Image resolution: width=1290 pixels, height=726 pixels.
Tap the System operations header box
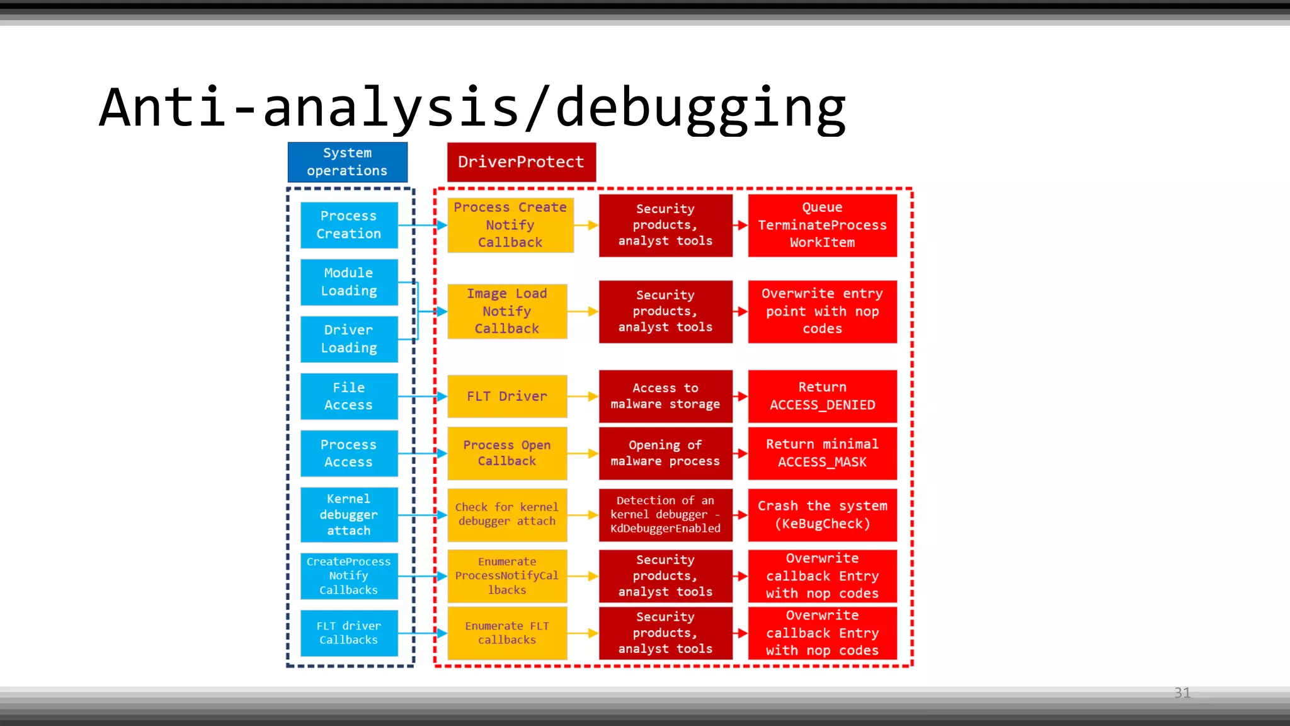coord(348,162)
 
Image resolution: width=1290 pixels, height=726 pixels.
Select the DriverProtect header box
coord(521,162)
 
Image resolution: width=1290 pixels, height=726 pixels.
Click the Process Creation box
coord(349,225)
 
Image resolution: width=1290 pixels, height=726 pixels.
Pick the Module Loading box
coord(349,282)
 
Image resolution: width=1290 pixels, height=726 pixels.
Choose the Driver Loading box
coord(349,339)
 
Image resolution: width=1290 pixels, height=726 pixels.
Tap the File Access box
coord(349,396)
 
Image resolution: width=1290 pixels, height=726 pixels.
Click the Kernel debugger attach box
coord(349,514)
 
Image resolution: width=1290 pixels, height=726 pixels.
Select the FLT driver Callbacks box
coord(349,633)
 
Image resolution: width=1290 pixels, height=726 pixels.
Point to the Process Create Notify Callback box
coord(510,225)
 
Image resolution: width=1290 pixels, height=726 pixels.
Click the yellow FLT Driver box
coord(507,396)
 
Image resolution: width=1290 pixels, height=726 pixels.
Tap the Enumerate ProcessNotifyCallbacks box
coord(507,576)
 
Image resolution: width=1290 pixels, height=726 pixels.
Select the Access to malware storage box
coord(665,396)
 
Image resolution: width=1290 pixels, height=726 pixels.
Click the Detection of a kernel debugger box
coord(665,514)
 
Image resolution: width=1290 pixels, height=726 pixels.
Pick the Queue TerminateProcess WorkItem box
coord(822,225)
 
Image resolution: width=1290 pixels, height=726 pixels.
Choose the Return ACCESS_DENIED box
coord(822,396)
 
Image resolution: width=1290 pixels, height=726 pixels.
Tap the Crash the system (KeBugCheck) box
coord(822,514)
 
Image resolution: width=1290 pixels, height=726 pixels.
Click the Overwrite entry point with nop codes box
coord(822,311)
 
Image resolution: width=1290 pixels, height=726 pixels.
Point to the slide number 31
coord(1182,693)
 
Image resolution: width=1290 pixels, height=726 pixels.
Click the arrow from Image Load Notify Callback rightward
coord(583,311)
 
